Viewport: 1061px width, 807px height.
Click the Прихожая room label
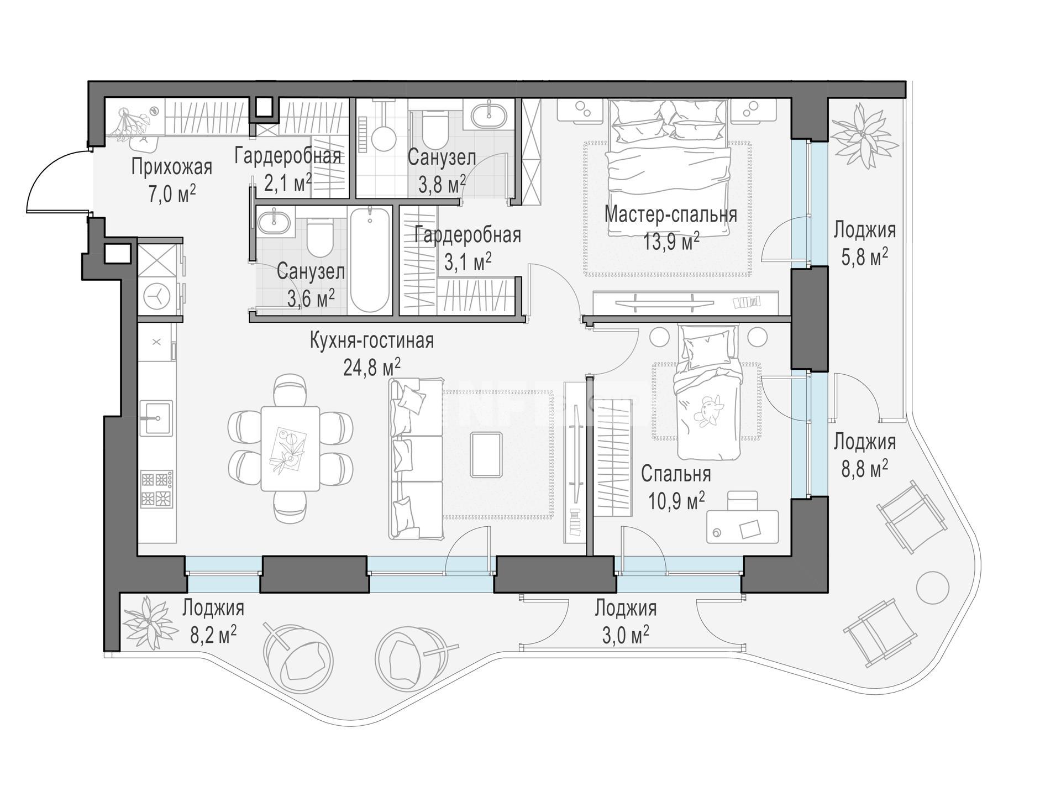tap(171, 166)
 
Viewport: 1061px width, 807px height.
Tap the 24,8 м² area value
tap(372, 367)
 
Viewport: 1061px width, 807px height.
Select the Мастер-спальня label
tap(671, 214)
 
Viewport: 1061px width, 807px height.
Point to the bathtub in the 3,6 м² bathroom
tap(370, 260)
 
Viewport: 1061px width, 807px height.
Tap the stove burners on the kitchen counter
tap(157, 489)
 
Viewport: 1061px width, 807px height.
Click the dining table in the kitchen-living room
tap(290, 448)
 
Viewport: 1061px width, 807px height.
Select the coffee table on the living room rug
tap(486, 454)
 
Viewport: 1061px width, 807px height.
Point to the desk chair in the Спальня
tap(742, 501)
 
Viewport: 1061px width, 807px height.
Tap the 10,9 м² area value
tap(676, 502)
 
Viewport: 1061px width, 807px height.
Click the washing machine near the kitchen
tap(158, 296)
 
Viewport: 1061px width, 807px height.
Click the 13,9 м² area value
tap(671, 242)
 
